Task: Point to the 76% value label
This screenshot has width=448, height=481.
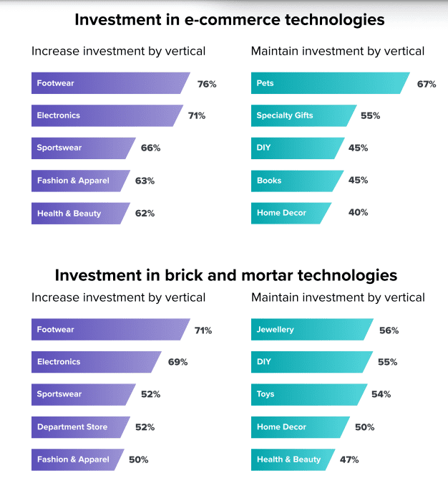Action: [x=207, y=84]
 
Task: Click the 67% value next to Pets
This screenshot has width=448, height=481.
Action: [x=427, y=84]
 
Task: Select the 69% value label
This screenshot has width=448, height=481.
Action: [x=178, y=362]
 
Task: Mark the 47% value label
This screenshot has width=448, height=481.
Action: [x=349, y=459]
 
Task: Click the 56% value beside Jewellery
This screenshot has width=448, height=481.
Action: [x=389, y=330]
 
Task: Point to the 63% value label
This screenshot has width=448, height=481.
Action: [x=145, y=181]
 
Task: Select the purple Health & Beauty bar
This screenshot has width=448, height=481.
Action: [x=79, y=214]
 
